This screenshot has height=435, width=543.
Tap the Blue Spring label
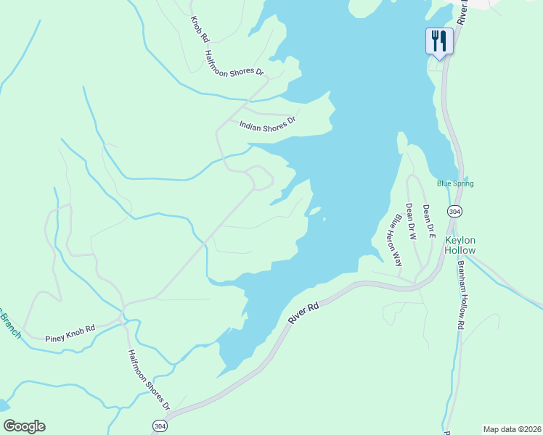(x=455, y=183)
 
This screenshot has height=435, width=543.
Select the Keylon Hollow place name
(x=460, y=245)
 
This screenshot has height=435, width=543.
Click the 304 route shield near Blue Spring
(x=454, y=211)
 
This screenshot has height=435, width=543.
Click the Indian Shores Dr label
(x=269, y=125)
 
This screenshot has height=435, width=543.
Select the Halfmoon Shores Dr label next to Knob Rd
(x=234, y=63)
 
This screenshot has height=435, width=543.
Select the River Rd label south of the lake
(x=303, y=318)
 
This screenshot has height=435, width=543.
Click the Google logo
(x=24, y=426)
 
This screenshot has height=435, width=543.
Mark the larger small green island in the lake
(x=314, y=211)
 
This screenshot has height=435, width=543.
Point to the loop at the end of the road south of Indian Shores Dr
(x=260, y=176)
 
